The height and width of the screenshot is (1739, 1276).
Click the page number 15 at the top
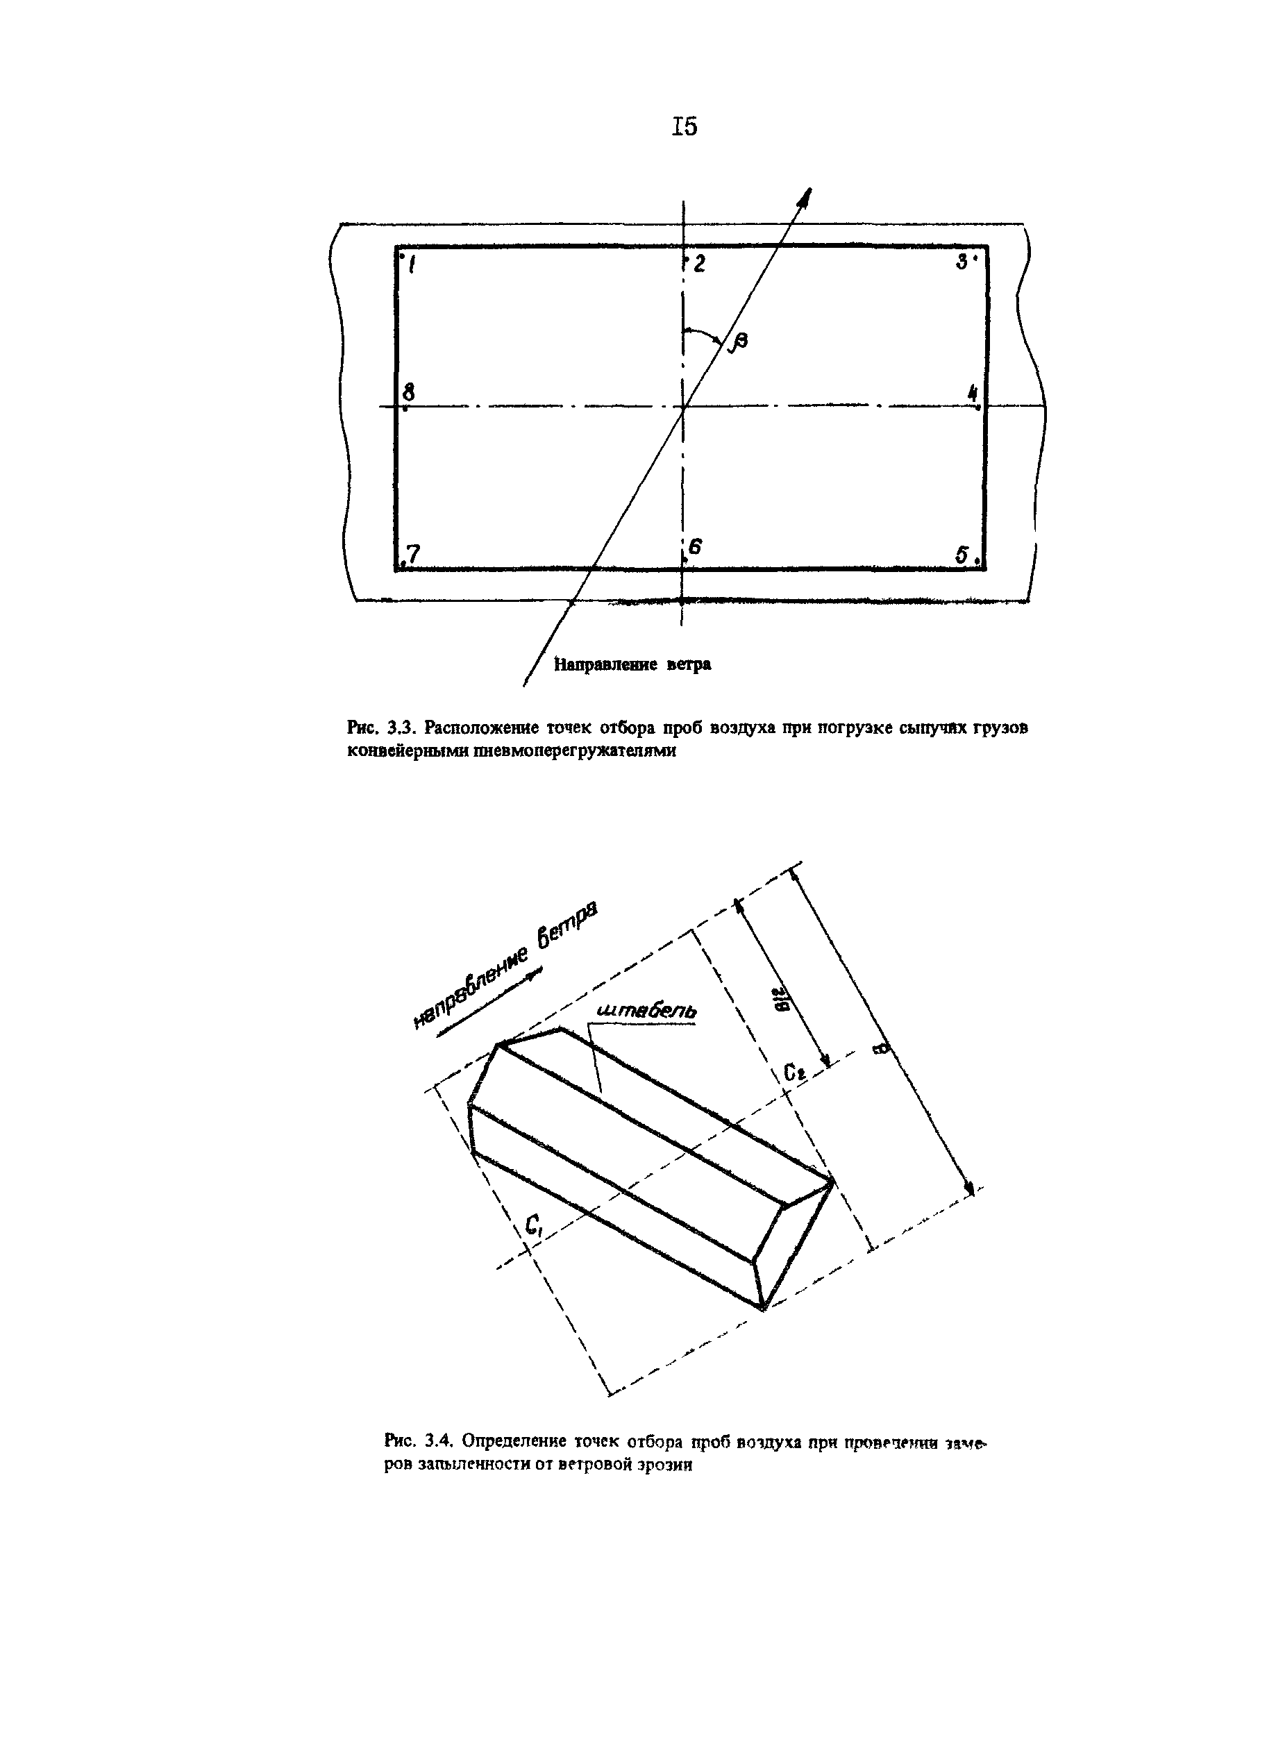[x=685, y=126]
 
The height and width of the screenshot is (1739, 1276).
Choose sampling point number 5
[x=963, y=555]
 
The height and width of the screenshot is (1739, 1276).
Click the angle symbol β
[x=739, y=342]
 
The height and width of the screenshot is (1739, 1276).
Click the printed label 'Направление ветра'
[x=632, y=664]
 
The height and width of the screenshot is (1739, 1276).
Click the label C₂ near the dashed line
[x=791, y=1073]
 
